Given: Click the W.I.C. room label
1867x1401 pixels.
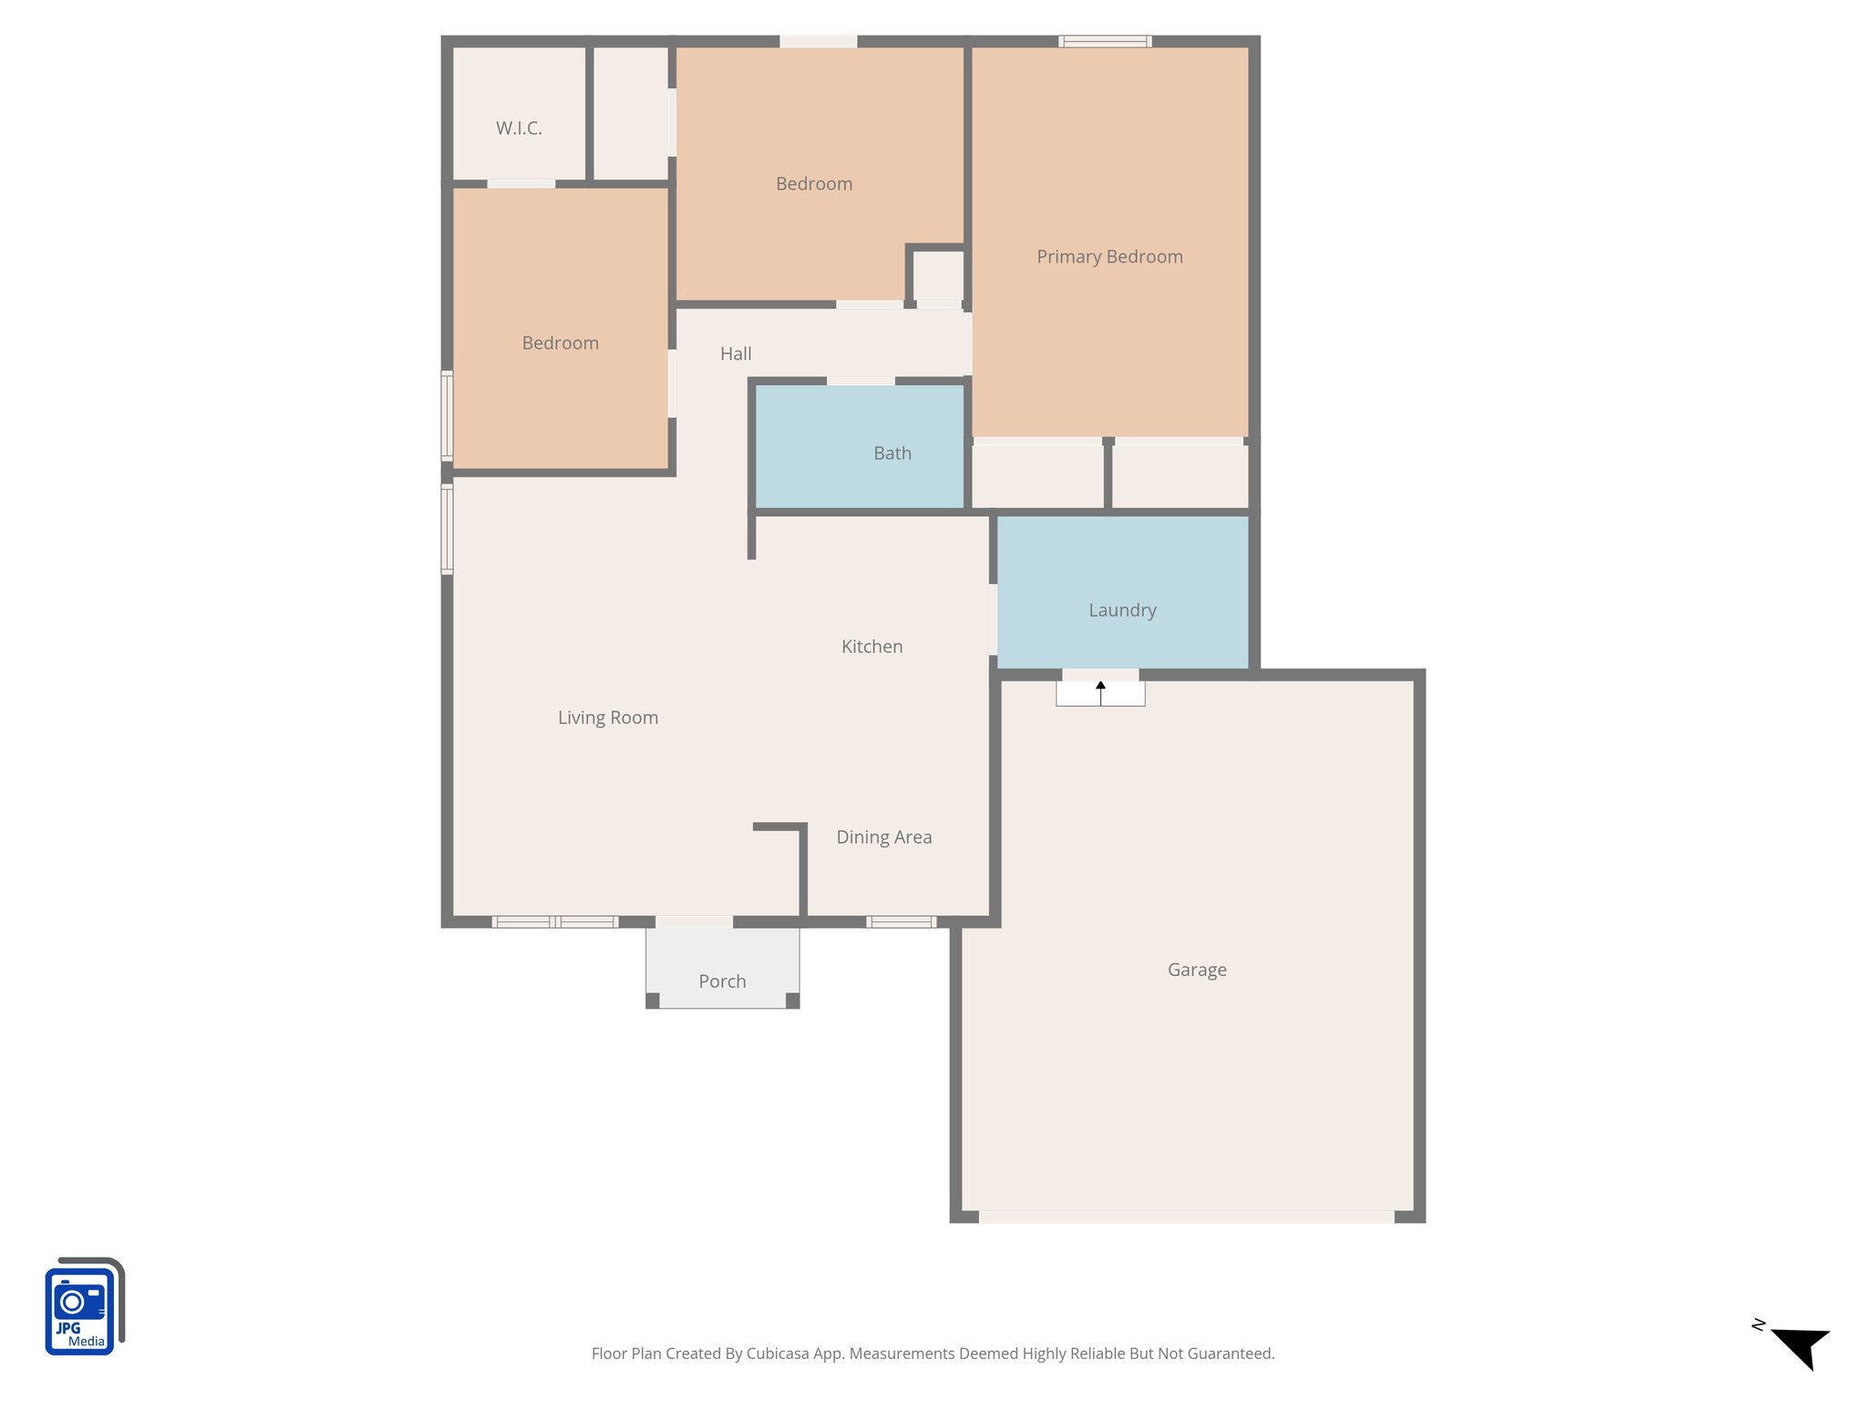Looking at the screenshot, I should [x=519, y=129].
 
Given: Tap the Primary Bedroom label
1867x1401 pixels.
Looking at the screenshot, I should [x=1109, y=257].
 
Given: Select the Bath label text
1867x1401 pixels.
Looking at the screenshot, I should [x=892, y=453].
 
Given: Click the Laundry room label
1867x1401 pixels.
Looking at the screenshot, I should [x=1122, y=610].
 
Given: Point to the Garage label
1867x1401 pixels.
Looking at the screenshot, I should [x=1196, y=970].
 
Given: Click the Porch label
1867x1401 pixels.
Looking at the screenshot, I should [x=722, y=981].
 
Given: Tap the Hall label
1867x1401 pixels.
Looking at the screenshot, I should [x=736, y=354].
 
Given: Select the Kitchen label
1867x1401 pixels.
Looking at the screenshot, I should [x=872, y=647].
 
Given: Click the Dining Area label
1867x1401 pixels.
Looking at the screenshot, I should [x=883, y=837].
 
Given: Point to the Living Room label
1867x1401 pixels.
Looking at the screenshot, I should [x=608, y=718].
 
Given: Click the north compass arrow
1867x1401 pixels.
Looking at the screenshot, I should [x=1800, y=1346].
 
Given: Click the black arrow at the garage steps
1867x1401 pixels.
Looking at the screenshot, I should [x=1100, y=686].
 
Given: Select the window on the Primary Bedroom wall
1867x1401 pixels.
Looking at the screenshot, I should [x=1104, y=41].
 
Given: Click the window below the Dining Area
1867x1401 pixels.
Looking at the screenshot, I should [x=901, y=922].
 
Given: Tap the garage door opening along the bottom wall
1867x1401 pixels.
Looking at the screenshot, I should [x=1186, y=1217].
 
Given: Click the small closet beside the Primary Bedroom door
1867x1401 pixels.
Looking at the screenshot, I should [x=938, y=275].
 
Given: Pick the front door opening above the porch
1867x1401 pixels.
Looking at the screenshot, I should [x=695, y=922].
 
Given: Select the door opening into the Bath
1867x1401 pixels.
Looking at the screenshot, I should [x=861, y=380].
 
